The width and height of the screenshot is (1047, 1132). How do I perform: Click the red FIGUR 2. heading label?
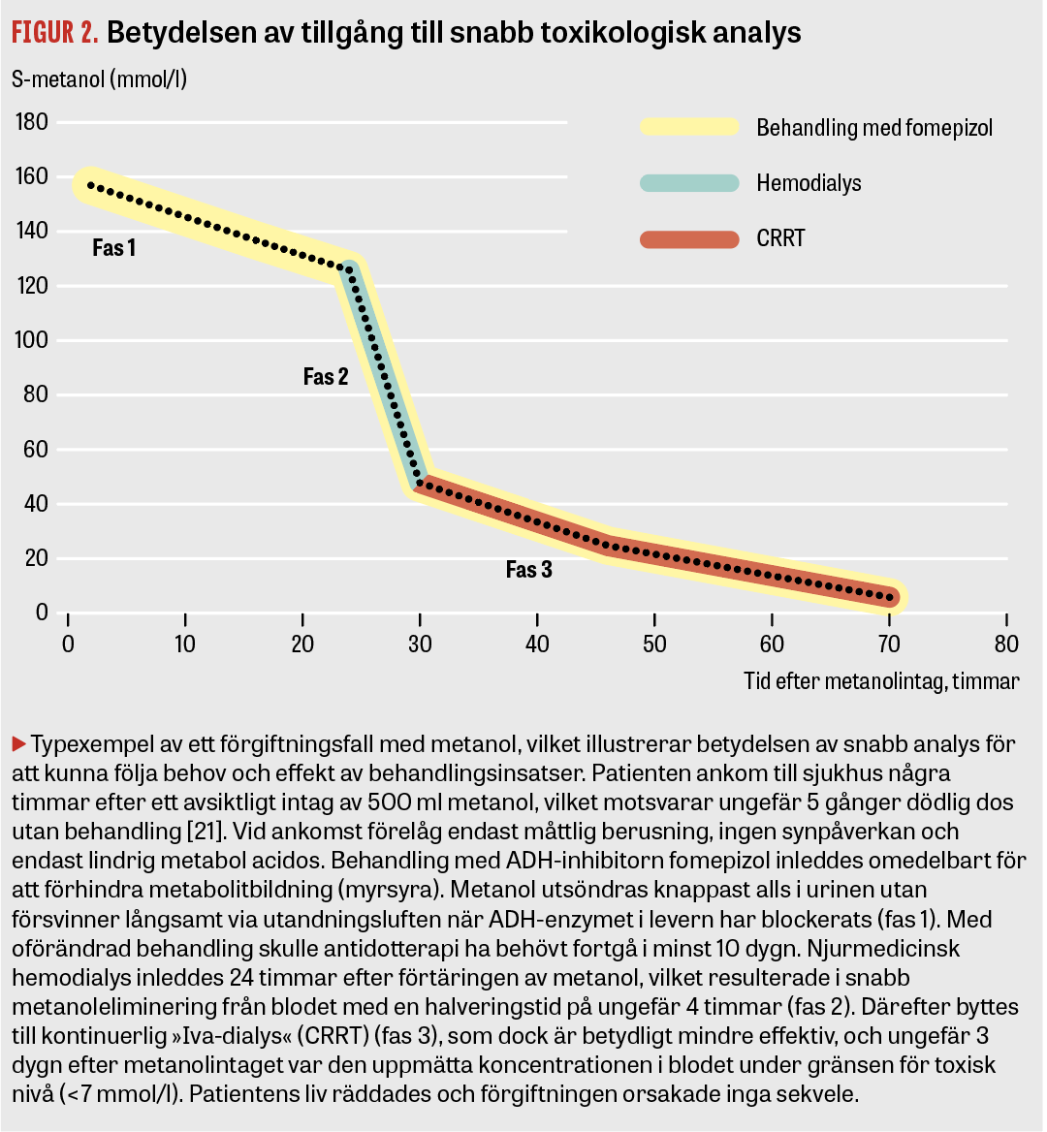[55, 34]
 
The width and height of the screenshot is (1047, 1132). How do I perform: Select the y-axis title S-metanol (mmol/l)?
[99, 79]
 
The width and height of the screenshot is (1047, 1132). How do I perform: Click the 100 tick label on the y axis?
[32, 341]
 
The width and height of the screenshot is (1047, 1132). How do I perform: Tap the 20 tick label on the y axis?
[36, 558]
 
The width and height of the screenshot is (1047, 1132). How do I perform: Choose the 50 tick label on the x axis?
[654, 645]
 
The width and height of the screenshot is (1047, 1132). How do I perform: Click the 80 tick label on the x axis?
[1006, 645]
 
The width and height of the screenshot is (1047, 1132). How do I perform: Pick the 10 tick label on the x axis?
[185, 645]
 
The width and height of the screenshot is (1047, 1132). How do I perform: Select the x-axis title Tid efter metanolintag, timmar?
[881, 681]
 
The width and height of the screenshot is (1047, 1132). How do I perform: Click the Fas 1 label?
[114, 248]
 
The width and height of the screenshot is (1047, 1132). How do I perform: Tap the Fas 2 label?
[326, 377]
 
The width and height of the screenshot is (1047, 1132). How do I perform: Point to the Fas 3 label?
[529, 570]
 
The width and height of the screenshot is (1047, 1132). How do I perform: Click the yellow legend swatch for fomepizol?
[689, 127]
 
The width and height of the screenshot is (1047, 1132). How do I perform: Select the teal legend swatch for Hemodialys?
[689, 183]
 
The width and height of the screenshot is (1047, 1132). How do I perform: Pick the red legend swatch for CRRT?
[689, 239]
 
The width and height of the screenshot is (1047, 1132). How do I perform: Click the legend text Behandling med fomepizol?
[874, 128]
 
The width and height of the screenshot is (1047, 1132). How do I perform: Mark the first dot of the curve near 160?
[90, 184]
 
